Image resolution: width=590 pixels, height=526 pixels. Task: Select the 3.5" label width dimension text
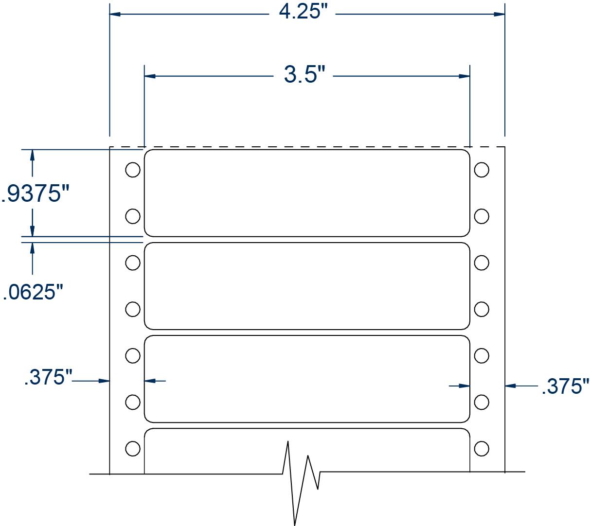304,75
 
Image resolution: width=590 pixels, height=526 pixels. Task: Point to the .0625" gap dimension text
33,292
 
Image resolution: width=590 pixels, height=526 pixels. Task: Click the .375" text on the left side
48,377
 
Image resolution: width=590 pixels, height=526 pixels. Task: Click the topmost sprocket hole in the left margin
133,170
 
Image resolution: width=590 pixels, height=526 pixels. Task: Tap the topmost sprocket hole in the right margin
482,170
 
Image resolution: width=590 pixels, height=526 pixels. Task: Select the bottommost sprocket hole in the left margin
133,448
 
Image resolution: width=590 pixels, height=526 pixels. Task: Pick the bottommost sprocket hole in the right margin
482,448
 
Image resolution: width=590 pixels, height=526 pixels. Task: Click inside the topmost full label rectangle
307,193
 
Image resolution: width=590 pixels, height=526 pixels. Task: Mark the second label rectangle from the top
307,286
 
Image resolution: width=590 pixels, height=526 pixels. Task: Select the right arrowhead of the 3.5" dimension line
465,76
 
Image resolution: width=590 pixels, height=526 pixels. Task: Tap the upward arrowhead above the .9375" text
33,155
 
